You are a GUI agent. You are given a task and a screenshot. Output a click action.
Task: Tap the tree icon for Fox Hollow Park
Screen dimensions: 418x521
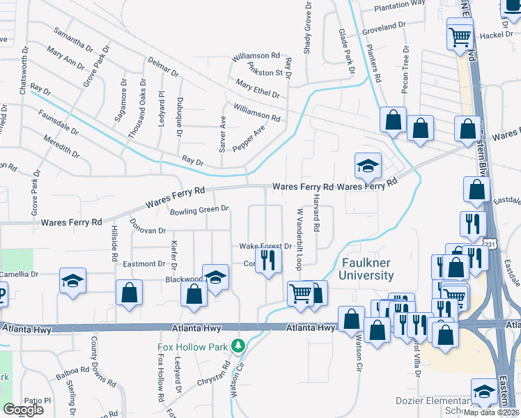coord(238,346)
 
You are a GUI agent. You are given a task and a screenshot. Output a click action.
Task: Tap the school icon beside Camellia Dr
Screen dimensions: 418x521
coord(72,281)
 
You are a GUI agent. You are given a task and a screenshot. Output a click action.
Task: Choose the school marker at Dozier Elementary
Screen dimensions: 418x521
coord(483,392)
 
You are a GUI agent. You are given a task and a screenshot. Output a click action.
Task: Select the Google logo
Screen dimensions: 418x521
coord(23,409)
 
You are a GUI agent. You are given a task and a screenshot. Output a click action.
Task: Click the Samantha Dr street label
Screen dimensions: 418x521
coord(72,41)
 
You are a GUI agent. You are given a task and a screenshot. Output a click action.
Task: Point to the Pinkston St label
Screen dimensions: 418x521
coord(265,69)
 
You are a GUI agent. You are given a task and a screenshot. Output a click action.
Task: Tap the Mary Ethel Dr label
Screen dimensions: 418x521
coord(257,88)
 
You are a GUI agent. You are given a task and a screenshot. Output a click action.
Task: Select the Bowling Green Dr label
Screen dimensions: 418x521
coord(200,209)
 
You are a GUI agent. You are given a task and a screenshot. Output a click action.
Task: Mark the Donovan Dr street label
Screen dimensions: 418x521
coord(148,226)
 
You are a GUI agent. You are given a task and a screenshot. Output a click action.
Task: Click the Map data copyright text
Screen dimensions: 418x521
coord(491,412)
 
